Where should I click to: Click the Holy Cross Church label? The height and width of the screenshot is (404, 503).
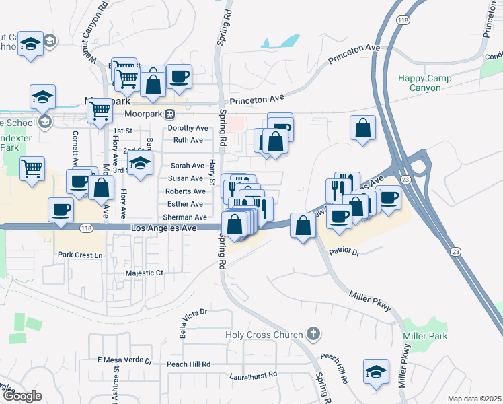(x=263, y=335)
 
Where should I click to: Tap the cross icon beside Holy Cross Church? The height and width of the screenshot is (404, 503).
(x=312, y=333)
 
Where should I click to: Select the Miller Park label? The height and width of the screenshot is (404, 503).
(x=424, y=336)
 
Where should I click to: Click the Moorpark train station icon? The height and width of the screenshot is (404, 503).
(x=171, y=114)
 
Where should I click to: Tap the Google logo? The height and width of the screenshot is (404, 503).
(x=22, y=396)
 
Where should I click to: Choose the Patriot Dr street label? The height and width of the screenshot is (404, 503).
(x=344, y=251)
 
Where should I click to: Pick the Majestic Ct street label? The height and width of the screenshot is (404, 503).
(x=145, y=273)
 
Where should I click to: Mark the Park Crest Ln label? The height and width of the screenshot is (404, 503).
(x=80, y=255)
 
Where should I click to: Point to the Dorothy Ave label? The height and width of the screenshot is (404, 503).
(x=188, y=128)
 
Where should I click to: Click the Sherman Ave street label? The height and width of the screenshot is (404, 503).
(x=185, y=217)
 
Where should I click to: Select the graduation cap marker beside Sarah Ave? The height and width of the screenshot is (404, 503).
(x=140, y=164)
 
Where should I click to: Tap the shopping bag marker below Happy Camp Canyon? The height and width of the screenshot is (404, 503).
(x=363, y=128)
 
